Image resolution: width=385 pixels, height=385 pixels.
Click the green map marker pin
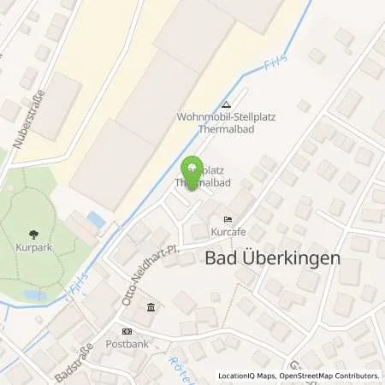[x=192, y=169]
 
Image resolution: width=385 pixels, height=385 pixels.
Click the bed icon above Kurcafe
[x=227, y=220]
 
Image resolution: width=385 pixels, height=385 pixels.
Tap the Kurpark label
[x=33, y=245]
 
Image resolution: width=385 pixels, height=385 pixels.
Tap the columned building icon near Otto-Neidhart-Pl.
[x=151, y=307]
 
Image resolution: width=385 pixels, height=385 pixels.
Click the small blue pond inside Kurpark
[x=34, y=295]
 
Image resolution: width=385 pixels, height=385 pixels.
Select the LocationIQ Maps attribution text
[x=247, y=376]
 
